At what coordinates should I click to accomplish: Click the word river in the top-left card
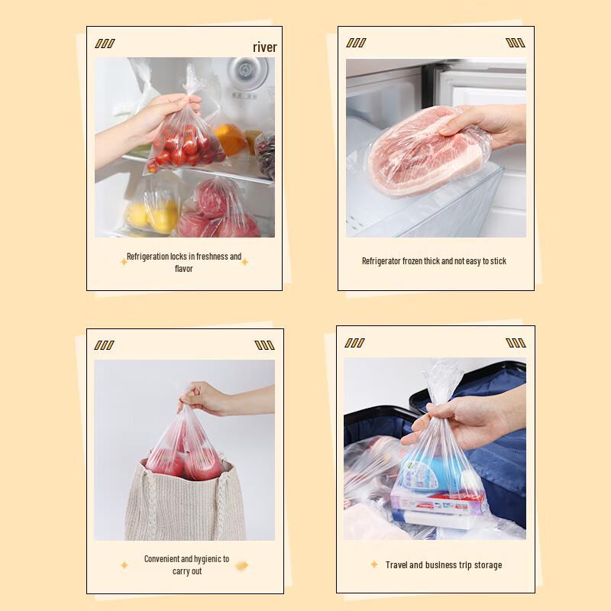[264, 47]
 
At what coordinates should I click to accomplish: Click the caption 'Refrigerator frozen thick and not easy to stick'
[434, 261]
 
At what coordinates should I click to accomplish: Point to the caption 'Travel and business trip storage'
[444, 565]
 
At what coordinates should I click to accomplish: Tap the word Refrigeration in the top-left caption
[147, 257]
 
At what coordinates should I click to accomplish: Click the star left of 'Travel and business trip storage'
[374, 564]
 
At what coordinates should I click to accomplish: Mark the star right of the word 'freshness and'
[245, 262]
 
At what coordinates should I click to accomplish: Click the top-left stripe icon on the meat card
[356, 43]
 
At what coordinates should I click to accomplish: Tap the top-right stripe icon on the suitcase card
[516, 343]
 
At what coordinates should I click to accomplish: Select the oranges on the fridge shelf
[229, 138]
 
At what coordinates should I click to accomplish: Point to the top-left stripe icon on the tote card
[104, 345]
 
